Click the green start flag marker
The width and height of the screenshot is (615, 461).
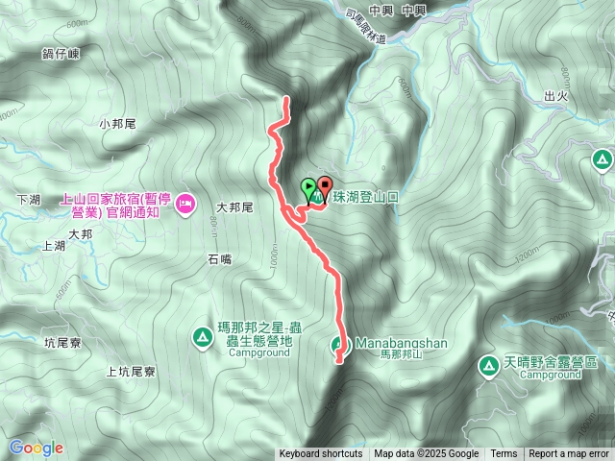tap(308, 187)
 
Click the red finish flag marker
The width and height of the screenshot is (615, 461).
tap(324, 187)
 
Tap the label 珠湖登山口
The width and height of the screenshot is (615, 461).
tap(364, 196)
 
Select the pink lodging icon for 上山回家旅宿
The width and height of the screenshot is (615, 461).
tap(185, 202)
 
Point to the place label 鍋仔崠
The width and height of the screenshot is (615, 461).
tap(67, 56)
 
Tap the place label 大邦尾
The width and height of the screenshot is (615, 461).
tap(234, 206)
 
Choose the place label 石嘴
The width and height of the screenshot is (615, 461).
tap(219, 258)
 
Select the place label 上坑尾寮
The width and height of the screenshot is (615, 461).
tap(132, 370)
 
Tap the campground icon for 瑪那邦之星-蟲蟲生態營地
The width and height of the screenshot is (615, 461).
tap(202, 336)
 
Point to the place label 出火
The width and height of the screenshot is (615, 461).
tap(556, 96)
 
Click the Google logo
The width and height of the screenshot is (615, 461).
tap(36, 448)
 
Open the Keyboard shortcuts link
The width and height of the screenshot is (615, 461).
tap(321, 454)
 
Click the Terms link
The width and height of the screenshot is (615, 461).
tap(504, 454)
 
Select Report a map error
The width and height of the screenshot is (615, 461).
tap(569, 454)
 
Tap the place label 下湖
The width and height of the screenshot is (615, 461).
tap(29, 199)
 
